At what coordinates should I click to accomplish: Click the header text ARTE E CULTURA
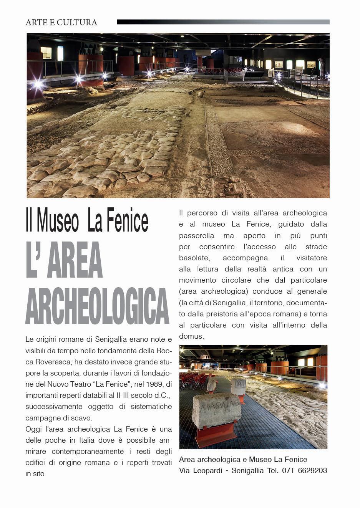pyautogui.click(x=61, y=23)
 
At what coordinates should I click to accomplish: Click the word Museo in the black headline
pyautogui.click(x=58, y=221)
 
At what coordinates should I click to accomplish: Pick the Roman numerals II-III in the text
pyautogui.click(x=124, y=395)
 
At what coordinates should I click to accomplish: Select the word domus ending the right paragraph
pyautogui.click(x=191, y=336)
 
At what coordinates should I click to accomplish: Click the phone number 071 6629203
pyautogui.click(x=304, y=471)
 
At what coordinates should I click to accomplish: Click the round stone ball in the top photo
pyautogui.click(x=201, y=94)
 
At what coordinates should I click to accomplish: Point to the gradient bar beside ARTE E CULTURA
pyautogui.click(x=223, y=22)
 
